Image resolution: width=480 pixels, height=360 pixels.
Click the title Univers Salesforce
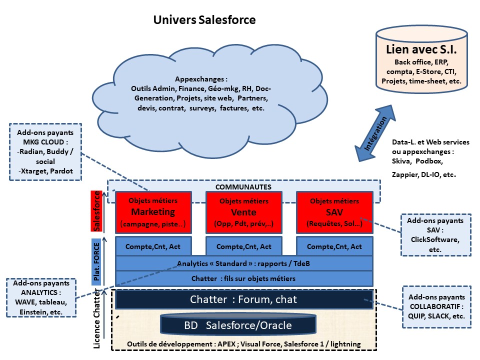(x=204, y=20)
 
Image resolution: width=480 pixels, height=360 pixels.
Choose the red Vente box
(x=244, y=212)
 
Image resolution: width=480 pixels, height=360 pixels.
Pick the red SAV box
(x=334, y=212)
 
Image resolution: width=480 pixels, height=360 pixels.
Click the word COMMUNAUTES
(x=243, y=186)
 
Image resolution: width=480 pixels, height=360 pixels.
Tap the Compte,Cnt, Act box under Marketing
(x=153, y=246)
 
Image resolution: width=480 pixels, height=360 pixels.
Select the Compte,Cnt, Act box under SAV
(x=334, y=246)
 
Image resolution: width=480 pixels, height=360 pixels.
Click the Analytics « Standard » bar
(x=244, y=263)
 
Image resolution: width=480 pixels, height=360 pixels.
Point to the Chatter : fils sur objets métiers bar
(x=244, y=278)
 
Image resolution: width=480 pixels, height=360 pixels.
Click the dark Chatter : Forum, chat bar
(x=244, y=299)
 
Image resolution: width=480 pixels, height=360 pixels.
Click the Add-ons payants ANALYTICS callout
(x=41, y=298)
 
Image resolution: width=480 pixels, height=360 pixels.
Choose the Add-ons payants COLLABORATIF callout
(x=437, y=306)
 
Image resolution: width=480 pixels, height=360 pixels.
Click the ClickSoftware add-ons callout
(x=435, y=234)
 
